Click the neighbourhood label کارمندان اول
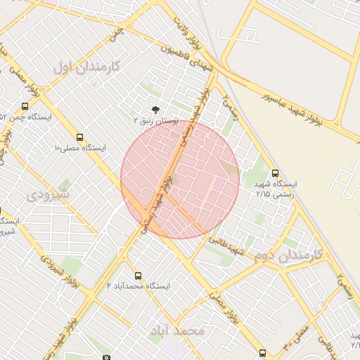[x=87, y=67]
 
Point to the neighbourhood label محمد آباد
[x=178, y=330]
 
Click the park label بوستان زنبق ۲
[x=155, y=122]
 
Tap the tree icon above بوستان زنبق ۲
[x=155, y=109]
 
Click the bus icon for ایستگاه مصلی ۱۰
[x=80, y=137]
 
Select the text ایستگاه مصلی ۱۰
[x=79, y=148]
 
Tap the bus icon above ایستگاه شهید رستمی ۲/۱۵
[x=274, y=172]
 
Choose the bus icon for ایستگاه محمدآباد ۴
[x=137, y=276]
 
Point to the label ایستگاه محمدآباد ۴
[x=138, y=286]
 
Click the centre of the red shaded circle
[x=180, y=179]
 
